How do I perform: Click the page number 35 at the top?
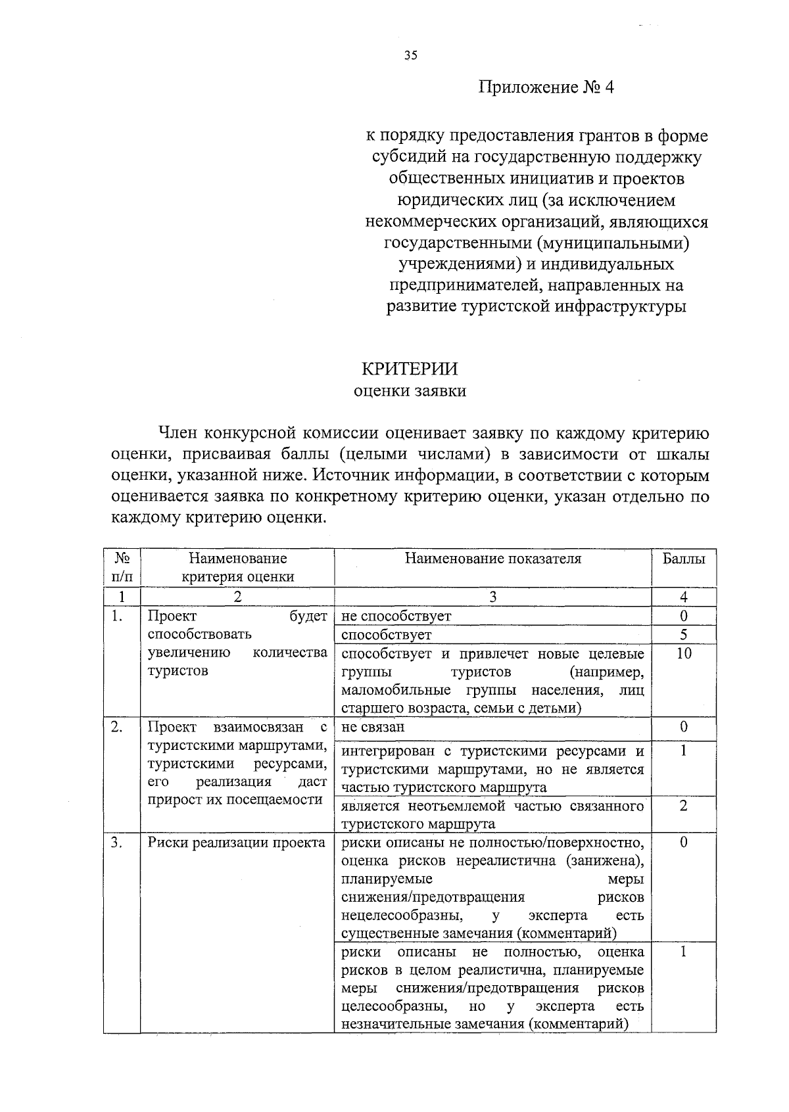tap(411, 56)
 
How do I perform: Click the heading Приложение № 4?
tap(545, 88)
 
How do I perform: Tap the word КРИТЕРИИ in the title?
tap(410, 369)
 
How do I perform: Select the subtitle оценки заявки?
tap(410, 392)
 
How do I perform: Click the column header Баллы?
tap(684, 559)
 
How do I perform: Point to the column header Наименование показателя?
tap(493, 559)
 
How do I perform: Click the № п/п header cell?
tap(122, 567)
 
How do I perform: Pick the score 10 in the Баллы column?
tap(684, 653)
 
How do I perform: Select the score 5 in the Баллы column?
tap(684, 635)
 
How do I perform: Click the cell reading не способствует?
tap(396, 616)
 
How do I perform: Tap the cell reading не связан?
tap(373, 727)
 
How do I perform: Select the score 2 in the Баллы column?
tap(684, 806)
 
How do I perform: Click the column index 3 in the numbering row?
tap(493, 597)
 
